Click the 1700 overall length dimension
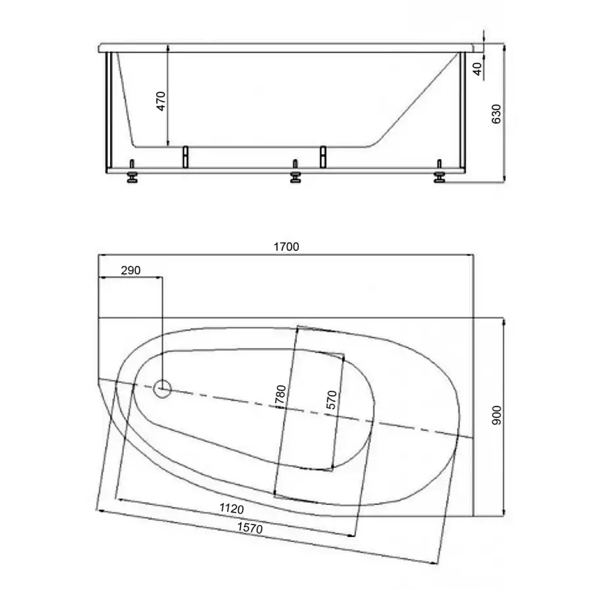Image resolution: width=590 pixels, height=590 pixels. [286, 247]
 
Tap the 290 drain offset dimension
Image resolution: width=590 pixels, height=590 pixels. [130, 270]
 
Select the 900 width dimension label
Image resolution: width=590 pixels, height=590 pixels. [497, 416]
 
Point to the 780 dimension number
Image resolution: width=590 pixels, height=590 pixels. [281, 395]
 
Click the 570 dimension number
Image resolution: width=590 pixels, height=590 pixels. [331, 400]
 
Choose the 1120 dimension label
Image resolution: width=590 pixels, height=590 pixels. [232, 509]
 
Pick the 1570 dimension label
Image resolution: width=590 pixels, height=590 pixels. [250, 528]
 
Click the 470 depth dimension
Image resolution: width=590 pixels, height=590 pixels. [161, 101]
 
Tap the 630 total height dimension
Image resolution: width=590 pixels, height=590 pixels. [496, 113]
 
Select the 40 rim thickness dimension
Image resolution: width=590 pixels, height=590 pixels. [477, 69]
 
